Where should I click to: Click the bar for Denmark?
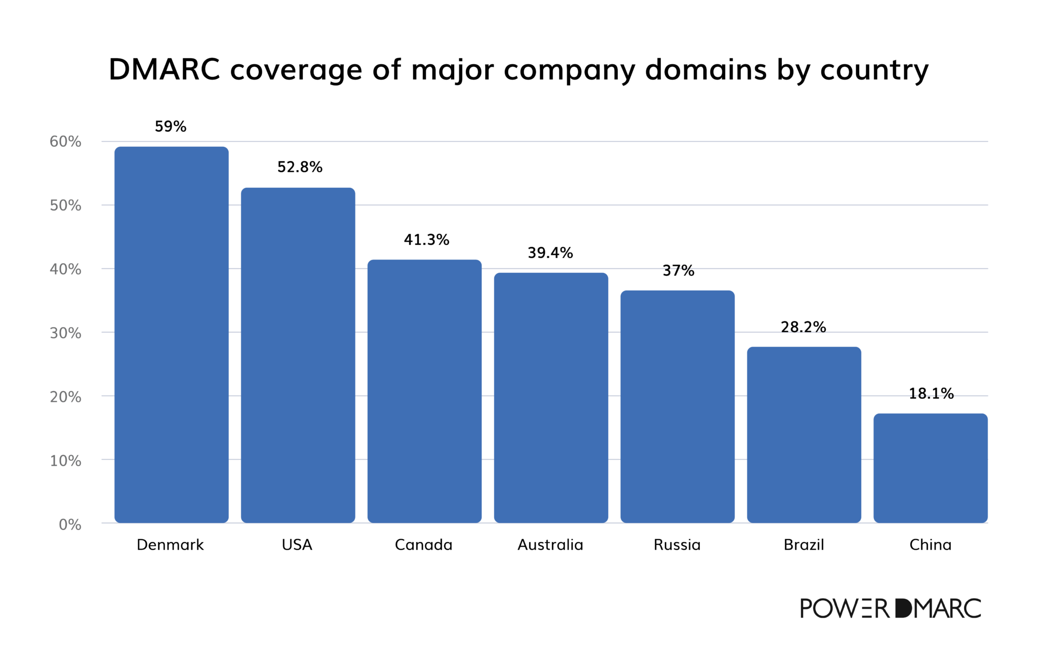[x=171, y=334]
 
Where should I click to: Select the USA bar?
[x=298, y=354]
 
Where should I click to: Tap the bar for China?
[x=930, y=468]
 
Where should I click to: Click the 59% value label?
[x=171, y=127]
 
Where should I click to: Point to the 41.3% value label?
[x=426, y=240]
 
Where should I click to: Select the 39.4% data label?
[x=550, y=253]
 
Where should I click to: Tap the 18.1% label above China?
[x=931, y=393]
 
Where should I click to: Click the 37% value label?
[x=679, y=271]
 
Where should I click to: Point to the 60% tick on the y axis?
[x=65, y=142]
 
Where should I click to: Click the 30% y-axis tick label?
[x=65, y=333]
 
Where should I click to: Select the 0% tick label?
[x=70, y=524]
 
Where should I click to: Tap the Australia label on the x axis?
[x=550, y=545]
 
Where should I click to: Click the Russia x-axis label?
[x=677, y=545]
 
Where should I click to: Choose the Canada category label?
[x=423, y=545]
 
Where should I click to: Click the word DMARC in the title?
[x=165, y=69]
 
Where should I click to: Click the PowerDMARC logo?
[x=890, y=608]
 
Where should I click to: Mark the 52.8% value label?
[x=300, y=167]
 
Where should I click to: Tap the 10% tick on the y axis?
[x=65, y=461]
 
